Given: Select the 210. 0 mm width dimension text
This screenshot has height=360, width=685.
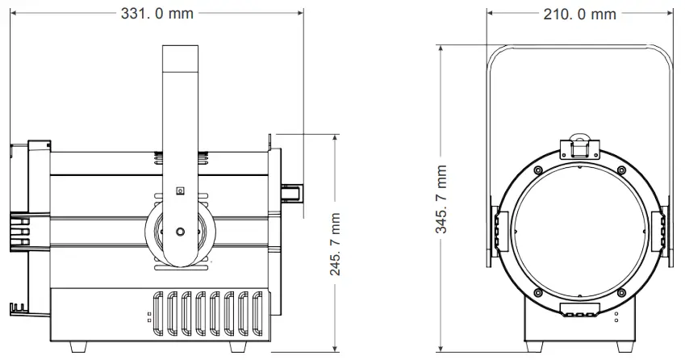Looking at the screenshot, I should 578,14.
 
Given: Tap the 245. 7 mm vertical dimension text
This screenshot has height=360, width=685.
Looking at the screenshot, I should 335,244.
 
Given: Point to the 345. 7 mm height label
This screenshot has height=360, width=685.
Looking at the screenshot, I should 441,199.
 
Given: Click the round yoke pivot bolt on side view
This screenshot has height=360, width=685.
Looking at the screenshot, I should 180,231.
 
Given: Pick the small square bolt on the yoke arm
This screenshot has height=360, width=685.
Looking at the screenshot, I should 180,191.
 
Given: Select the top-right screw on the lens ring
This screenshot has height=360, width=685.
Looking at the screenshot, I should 620,169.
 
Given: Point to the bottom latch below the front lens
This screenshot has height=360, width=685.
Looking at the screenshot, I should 579,311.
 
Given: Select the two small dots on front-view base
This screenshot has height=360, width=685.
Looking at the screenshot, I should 617,316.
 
